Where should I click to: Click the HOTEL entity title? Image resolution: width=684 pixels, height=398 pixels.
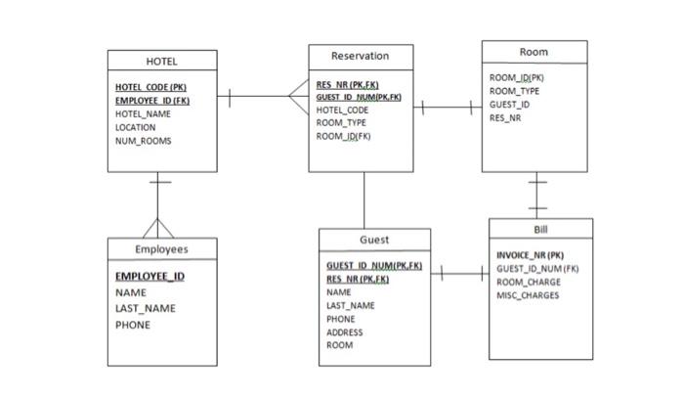point(161,62)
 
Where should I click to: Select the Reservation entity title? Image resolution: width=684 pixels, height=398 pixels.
point(360,56)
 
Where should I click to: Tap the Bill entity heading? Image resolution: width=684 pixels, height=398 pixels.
point(540,229)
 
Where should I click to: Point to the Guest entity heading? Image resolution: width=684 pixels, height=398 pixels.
point(373,240)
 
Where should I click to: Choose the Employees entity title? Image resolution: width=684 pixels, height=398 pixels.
point(161,249)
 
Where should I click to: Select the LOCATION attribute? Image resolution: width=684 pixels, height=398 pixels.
point(136,127)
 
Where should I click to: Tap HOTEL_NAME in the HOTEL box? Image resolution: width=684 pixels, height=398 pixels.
point(144,114)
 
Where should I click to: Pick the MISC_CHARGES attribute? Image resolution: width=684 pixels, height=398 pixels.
point(528,294)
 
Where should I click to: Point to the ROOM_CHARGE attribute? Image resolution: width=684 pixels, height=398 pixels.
point(528,282)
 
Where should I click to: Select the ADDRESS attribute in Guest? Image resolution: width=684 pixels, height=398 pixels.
point(344,332)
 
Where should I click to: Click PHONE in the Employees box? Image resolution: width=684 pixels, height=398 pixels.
point(133,326)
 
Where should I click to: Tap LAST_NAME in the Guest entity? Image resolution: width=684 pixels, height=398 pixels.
point(349,306)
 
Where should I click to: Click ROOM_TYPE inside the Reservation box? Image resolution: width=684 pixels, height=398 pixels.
point(342,123)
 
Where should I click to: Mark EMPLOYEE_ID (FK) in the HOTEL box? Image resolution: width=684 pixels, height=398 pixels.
point(152,101)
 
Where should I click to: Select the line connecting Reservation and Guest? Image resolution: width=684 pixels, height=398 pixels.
point(364,200)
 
